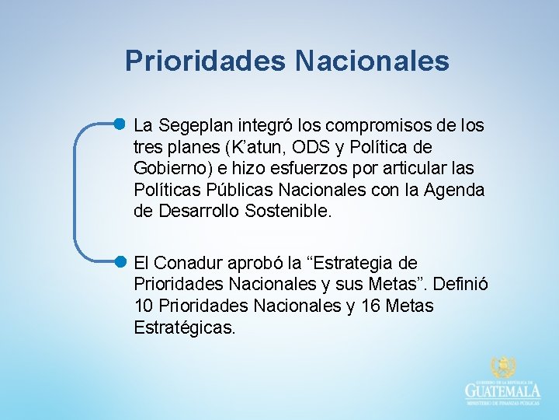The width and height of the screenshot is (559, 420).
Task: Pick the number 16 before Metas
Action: pyautogui.click(x=356, y=307)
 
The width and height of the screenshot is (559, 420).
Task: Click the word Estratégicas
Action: pyautogui.click(x=183, y=329)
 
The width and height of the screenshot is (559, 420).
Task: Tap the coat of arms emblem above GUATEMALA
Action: pyautogui.click(x=503, y=368)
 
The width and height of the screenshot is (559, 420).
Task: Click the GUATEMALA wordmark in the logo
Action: pyautogui.click(x=503, y=390)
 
